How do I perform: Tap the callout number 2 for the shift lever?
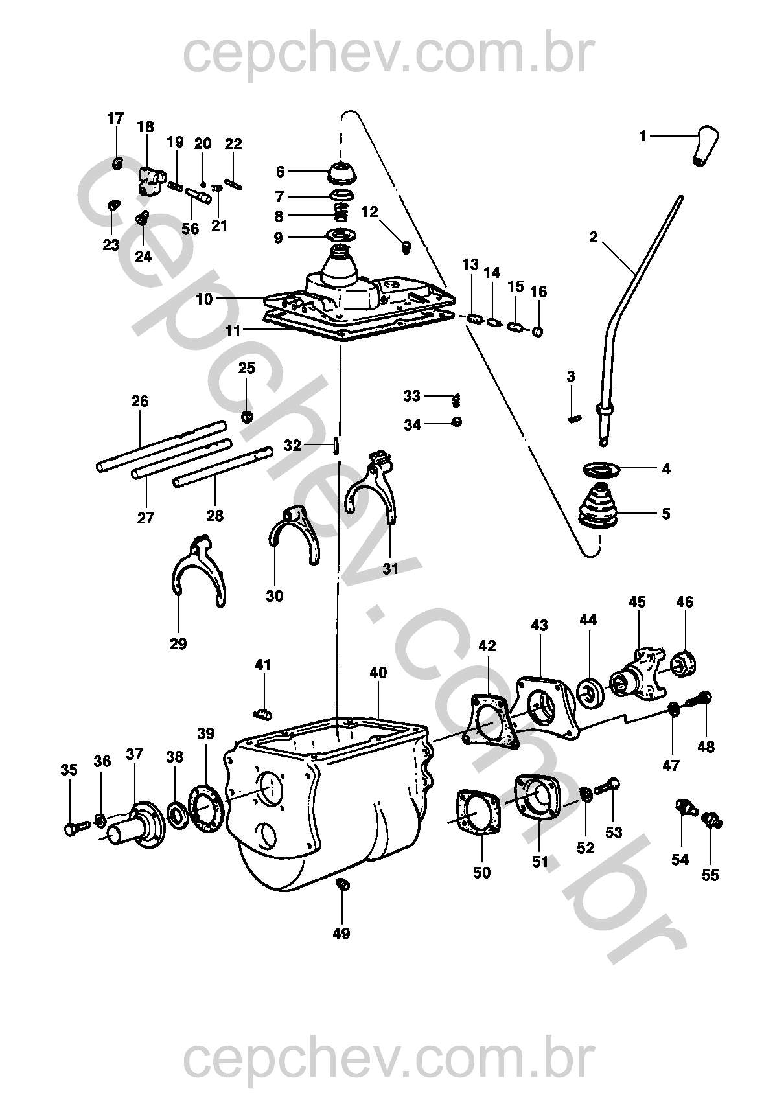tap(593, 237)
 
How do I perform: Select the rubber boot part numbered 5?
tap(598, 505)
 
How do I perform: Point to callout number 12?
tap(369, 212)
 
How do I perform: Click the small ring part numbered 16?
tap(538, 332)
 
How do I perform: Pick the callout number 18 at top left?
tap(145, 127)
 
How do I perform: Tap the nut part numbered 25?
tap(247, 415)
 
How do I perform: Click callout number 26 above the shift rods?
tap(140, 402)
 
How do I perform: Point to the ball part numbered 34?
tap(457, 422)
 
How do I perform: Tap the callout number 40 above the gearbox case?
tap(378, 673)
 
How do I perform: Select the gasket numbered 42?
tap(491, 719)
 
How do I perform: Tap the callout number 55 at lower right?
tap(710, 875)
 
